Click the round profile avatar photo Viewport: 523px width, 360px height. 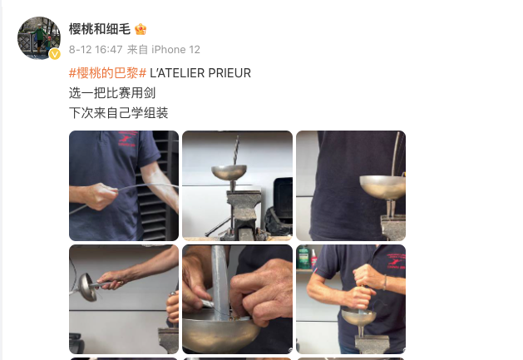tap(38, 37)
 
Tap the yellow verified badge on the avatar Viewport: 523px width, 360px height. tap(55, 54)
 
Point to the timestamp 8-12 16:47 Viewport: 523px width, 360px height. tap(96, 50)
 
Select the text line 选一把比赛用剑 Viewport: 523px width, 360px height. tap(112, 93)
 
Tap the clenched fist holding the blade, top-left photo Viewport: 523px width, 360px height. tap(104, 197)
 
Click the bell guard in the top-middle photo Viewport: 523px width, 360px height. tap(233, 173)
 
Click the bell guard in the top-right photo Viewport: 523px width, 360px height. tap(383, 185)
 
